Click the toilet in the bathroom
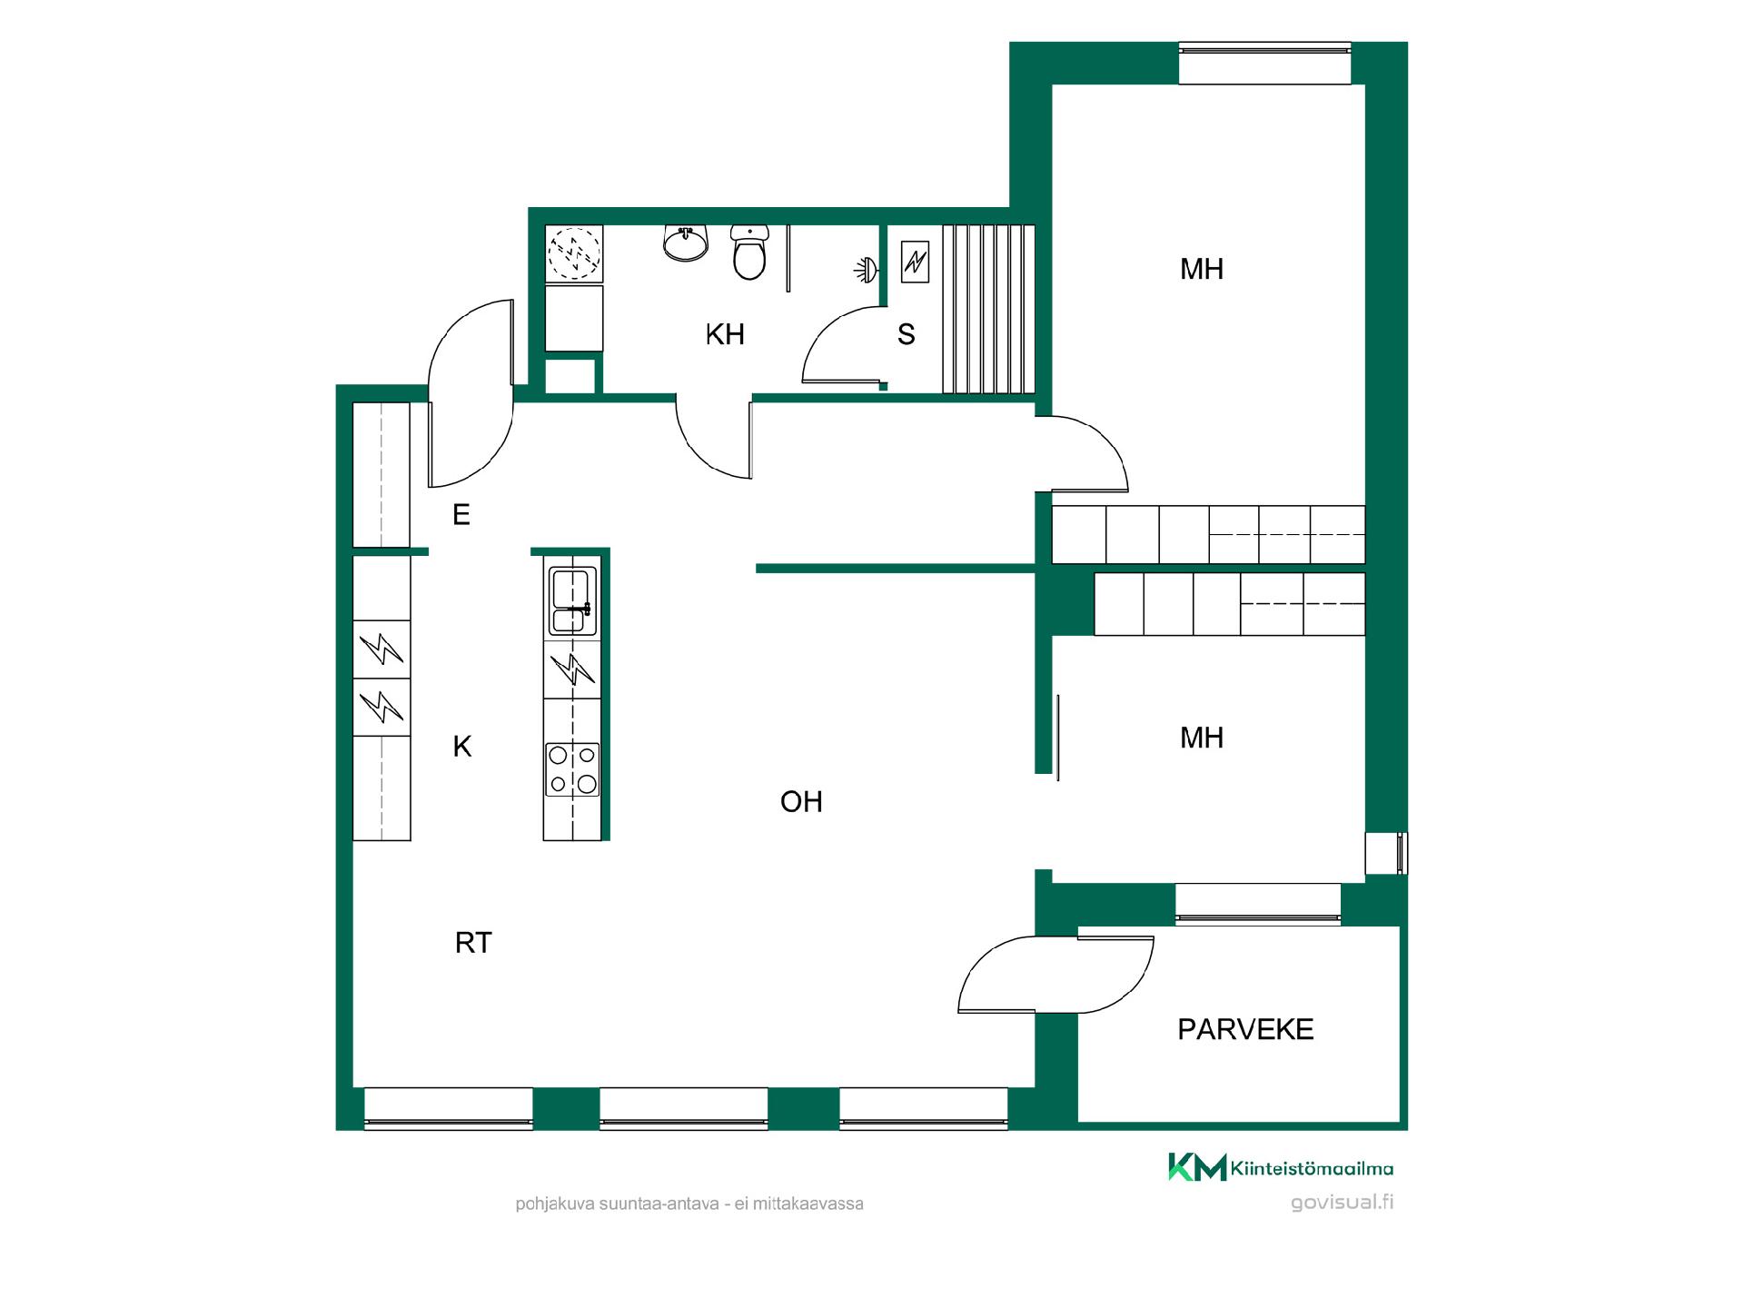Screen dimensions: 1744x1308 (x=749, y=253)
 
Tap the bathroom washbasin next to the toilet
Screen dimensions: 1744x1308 (x=685, y=243)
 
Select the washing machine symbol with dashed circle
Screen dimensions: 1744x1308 (x=574, y=252)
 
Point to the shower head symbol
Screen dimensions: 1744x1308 (x=866, y=269)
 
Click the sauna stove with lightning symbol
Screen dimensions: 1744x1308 (x=915, y=262)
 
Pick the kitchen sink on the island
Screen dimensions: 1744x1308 (x=572, y=600)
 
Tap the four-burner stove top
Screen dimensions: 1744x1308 (x=572, y=768)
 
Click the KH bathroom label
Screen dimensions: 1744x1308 (x=725, y=334)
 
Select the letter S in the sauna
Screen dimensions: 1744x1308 (x=906, y=334)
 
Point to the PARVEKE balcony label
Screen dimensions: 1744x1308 (x=1245, y=1029)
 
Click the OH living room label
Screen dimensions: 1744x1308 (x=801, y=801)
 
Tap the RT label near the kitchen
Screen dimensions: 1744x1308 (x=473, y=943)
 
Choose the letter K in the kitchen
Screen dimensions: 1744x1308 (x=462, y=747)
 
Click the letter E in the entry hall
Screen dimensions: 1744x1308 (x=461, y=515)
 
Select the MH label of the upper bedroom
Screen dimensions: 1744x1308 (x=1202, y=269)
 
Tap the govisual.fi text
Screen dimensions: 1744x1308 (x=1343, y=1203)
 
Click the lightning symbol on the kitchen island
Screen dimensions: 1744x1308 (x=572, y=669)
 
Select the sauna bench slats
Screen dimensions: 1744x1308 (x=989, y=309)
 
